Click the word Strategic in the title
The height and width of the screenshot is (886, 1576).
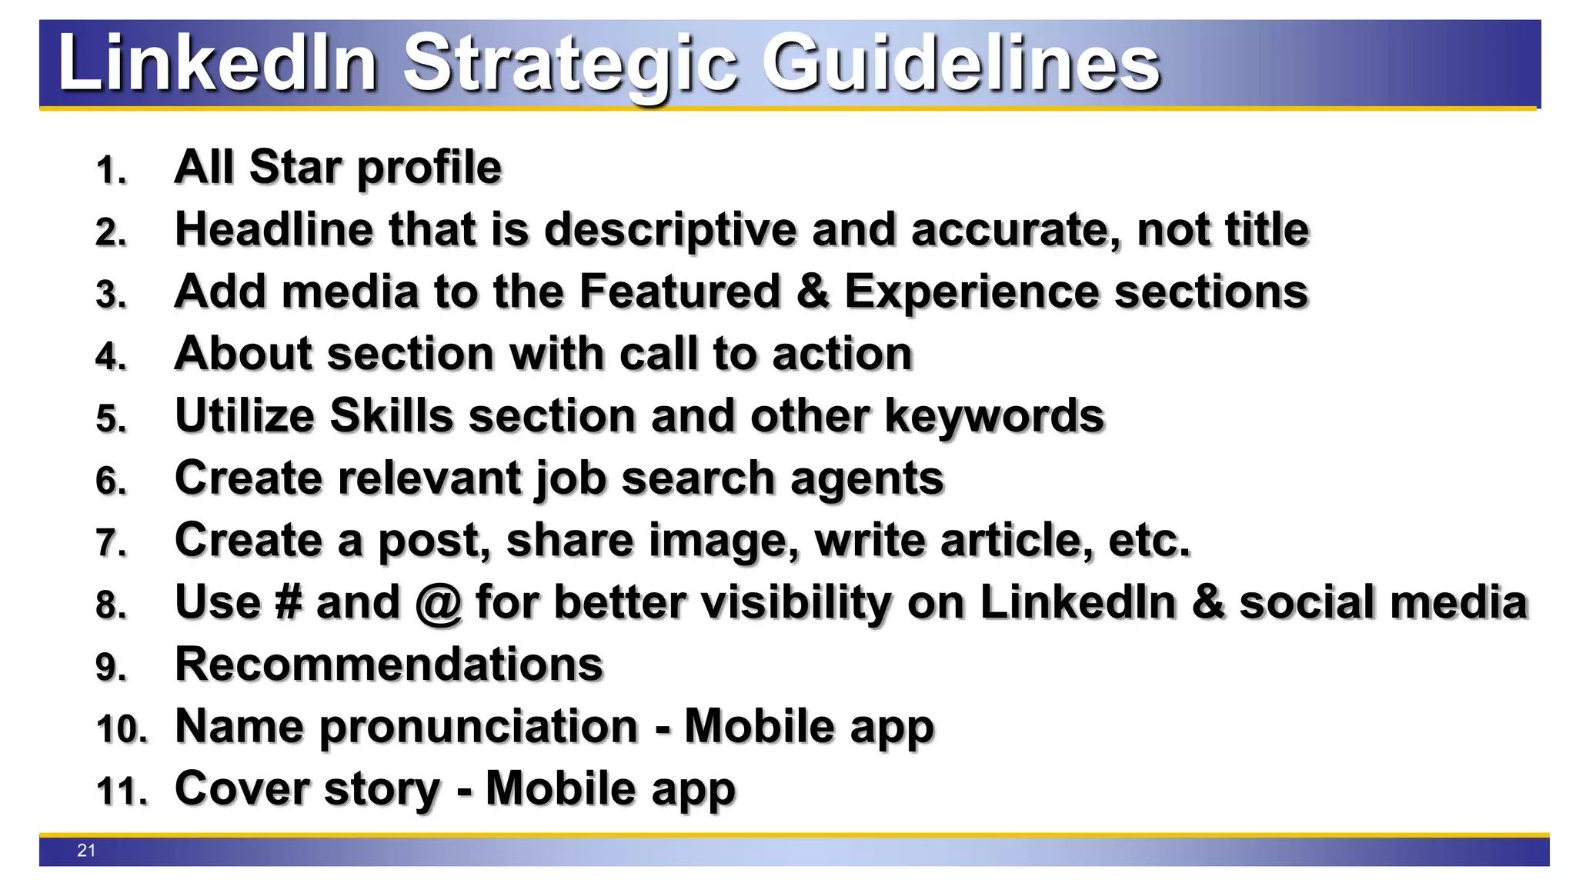569,65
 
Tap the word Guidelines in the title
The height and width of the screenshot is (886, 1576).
960,63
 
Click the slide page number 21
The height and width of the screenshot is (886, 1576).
86,851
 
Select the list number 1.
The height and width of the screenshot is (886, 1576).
111,170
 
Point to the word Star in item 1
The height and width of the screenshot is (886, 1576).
295,167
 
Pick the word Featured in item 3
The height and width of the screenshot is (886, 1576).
679,291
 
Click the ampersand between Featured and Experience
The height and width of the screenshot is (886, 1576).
813,291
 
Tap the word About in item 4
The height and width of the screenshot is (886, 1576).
243,354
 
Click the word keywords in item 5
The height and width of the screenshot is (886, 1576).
994,418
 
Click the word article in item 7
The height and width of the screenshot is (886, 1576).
1017,540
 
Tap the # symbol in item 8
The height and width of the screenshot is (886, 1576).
288,602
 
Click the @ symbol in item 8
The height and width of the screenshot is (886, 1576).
438,603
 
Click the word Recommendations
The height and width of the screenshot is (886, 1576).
389,664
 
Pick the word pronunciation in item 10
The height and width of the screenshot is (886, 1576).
479,728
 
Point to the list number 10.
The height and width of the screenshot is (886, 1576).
122,729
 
